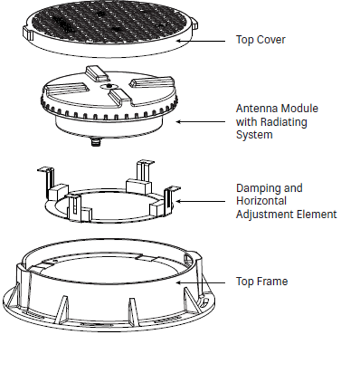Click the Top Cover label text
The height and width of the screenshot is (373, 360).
pyautogui.click(x=260, y=40)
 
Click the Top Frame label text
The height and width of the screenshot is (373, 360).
pyautogui.click(x=262, y=281)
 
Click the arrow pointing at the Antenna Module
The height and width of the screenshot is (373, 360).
pyautogui.click(x=200, y=122)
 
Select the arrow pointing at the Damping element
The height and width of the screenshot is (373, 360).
pyautogui.click(x=200, y=202)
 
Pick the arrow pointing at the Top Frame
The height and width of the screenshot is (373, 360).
pyautogui.click(x=200, y=282)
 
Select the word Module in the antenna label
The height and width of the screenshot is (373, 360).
pyautogui.click(x=302, y=108)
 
